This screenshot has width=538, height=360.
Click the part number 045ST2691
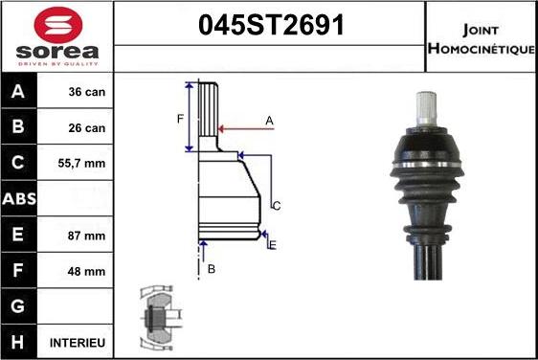[x=270, y=25]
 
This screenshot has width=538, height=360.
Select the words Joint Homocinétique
[x=481, y=35]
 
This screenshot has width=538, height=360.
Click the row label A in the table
[x=18, y=93]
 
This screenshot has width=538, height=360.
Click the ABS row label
[x=18, y=199]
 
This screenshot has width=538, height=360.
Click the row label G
[x=18, y=306]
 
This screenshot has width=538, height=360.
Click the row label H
[x=18, y=342]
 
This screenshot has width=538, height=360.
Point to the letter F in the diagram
[x=179, y=119]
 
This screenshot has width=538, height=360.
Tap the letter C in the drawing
[x=277, y=206]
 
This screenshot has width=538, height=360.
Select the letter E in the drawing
[x=273, y=246]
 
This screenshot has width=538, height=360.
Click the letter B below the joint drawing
[x=212, y=269]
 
